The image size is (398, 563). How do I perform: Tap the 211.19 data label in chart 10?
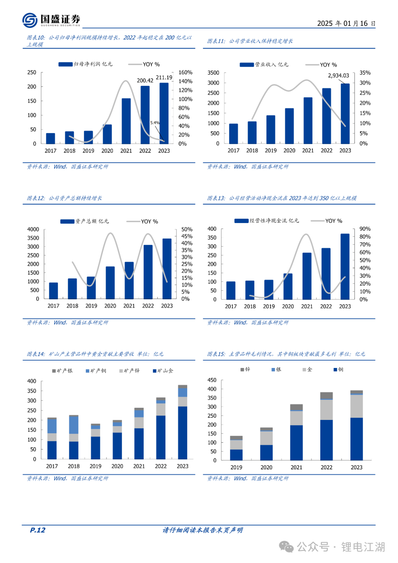(x=164, y=77)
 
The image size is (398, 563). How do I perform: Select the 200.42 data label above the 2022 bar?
(x=145, y=80)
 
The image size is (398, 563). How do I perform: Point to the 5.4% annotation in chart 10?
(x=155, y=123)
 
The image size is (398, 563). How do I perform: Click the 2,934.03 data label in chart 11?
(x=338, y=76)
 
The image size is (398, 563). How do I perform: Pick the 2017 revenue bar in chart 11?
(x=234, y=133)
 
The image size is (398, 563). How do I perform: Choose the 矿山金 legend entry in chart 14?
(x=163, y=371)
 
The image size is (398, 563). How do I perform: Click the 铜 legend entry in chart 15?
(x=338, y=369)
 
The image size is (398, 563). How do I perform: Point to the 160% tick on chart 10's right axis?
(x=185, y=73)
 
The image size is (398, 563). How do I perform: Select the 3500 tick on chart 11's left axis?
(x=213, y=73)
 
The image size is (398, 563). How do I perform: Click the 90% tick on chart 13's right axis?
(x=365, y=229)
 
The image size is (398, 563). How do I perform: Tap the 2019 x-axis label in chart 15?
(x=236, y=468)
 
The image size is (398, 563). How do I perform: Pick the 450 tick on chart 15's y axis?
(x=212, y=380)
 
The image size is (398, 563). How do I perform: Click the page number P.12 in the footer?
(x=38, y=530)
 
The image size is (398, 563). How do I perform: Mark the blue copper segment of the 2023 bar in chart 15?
(x=356, y=439)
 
